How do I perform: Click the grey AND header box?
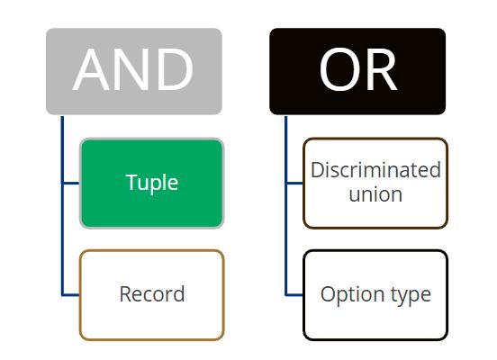(x=134, y=71)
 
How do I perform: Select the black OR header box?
(x=357, y=71)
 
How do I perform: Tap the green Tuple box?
(x=152, y=184)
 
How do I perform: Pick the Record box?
(x=152, y=295)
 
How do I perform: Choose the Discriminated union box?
(x=375, y=184)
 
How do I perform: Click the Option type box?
(x=375, y=295)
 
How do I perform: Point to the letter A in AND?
(x=92, y=69)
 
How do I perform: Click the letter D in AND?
(x=175, y=69)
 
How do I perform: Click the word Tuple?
(x=152, y=184)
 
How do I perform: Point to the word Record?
(x=152, y=294)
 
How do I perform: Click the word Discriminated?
(x=375, y=170)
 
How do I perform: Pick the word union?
(x=375, y=194)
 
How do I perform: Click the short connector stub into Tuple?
(x=71, y=184)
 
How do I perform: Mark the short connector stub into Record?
(x=71, y=295)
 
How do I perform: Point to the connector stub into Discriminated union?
(x=294, y=184)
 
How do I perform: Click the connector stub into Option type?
(x=294, y=295)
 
